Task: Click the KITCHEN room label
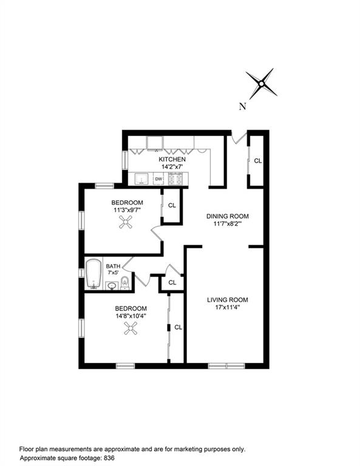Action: pyautogui.click(x=172, y=160)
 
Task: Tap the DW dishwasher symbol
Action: pyautogui.click(x=158, y=179)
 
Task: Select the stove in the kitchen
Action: pyautogui.click(x=175, y=179)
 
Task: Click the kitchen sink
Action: pyautogui.click(x=141, y=179)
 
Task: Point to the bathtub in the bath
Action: pyautogui.click(x=93, y=274)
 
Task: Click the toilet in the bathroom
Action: pyautogui.click(x=125, y=282)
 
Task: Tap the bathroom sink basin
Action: pyautogui.click(x=112, y=286)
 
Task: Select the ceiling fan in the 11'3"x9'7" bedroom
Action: pyautogui.click(x=126, y=222)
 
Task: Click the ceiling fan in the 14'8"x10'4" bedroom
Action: pyautogui.click(x=131, y=328)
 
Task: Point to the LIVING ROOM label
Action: pyautogui.click(x=228, y=300)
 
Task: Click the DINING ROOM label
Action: pyautogui.click(x=228, y=216)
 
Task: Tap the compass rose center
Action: pyautogui.click(x=261, y=84)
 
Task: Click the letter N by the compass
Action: pyautogui.click(x=243, y=106)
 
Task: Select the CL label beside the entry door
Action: pyautogui.click(x=258, y=161)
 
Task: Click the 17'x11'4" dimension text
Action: pyautogui.click(x=228, y=307)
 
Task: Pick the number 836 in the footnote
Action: pyautogui.click(x=109, y=458)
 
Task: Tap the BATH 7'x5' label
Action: pyautogui.click(x=113, y=269)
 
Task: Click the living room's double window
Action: pyautogui.click(x=226, y=366)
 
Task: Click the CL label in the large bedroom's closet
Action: pyautogui.click(x=178, y=327)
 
